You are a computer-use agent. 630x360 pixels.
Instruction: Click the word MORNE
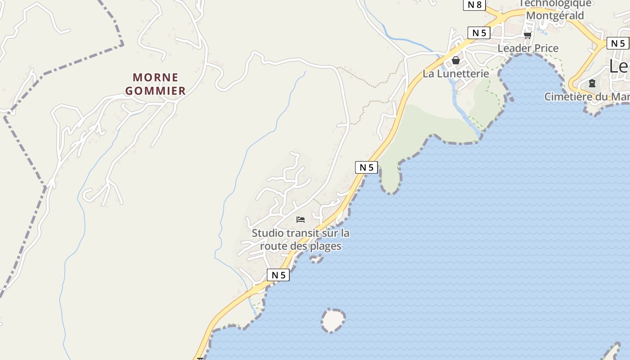point(156,77)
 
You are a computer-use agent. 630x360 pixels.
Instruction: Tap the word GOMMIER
point(155,91)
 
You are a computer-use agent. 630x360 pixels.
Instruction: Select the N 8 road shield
point(474,4)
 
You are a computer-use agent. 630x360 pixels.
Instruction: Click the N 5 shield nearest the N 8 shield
point(479,32)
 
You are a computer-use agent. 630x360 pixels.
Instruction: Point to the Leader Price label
point(528,48)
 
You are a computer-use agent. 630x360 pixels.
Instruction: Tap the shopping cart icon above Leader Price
point(527,35)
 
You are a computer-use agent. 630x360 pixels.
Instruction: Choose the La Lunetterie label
point(455,73)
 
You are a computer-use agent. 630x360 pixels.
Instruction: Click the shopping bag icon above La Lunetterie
point(455,60)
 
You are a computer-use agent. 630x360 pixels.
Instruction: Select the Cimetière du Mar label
point(586,97)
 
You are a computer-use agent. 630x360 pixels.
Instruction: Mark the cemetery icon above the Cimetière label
point(592,83)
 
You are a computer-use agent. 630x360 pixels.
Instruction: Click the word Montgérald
point(555,15)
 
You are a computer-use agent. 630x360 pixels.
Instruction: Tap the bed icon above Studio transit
point(301,220)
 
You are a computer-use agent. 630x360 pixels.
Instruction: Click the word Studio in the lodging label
point(268,233)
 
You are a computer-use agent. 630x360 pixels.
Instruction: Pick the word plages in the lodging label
point(326,246)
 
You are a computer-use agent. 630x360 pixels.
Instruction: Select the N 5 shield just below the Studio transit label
point(278,275)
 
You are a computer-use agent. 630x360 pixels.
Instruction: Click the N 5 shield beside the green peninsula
point(366,167)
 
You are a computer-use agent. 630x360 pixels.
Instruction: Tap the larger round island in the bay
point(333,320)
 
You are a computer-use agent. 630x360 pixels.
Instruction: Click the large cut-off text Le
point(619,66)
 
